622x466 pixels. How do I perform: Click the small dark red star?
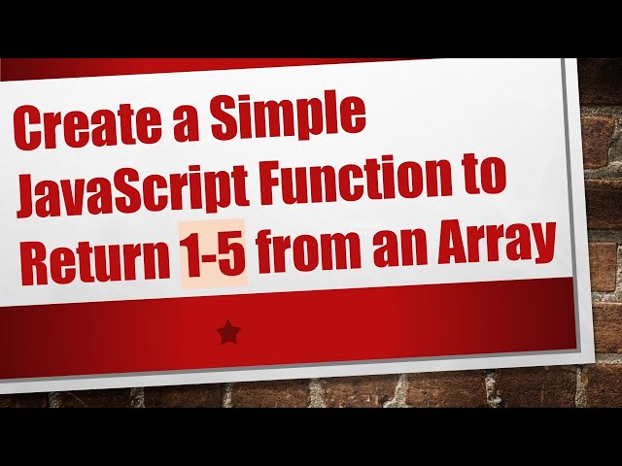(228, 333)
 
